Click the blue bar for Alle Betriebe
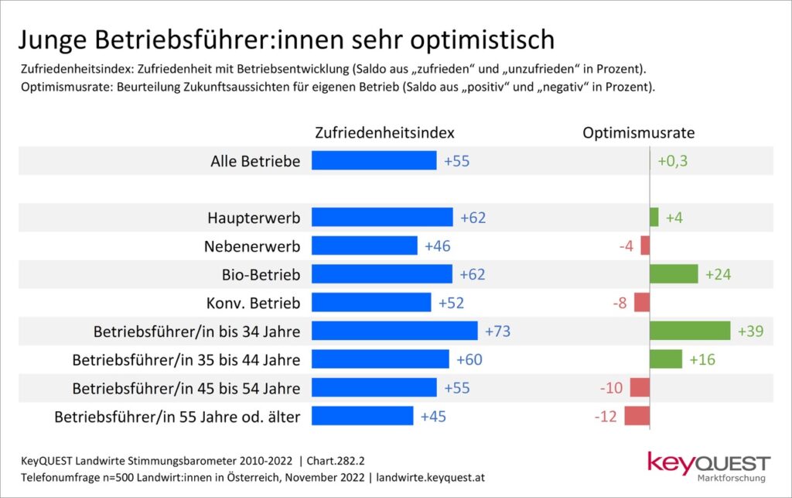[x=374, y=160]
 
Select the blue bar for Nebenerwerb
[x=364, y=246]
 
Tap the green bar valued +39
[x=690, y=331]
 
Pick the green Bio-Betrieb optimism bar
[x=674, y=274]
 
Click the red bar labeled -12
[x=637, y=417]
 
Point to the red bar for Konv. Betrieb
[x=642, y=302]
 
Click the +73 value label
[x=498, y=331]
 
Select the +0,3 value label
[x=672, y=161]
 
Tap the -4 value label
[x=626, y=246]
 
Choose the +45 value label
[x=433, y=417]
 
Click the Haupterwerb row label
[x=254, y=218]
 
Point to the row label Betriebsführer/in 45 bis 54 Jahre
[x=186, y=388]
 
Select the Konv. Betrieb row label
[x=252, y=303]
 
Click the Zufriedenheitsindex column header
[x=384, y=132]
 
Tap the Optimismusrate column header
[x=638, y=132]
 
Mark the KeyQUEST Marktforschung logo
[x=708, y=465]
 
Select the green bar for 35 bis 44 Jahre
[x=666, y=359]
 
